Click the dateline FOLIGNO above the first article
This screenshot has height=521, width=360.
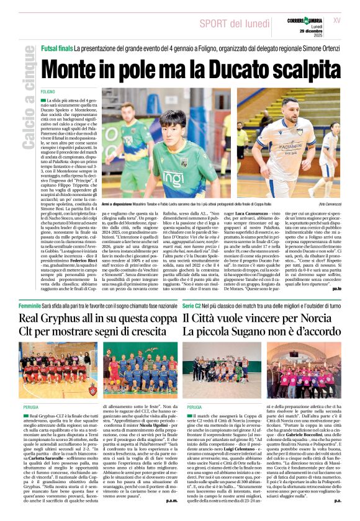click(x=49, y=92)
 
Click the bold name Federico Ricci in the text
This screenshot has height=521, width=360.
click(x=61, y=255)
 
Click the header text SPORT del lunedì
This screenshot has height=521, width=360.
click(x=236, y=22)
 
